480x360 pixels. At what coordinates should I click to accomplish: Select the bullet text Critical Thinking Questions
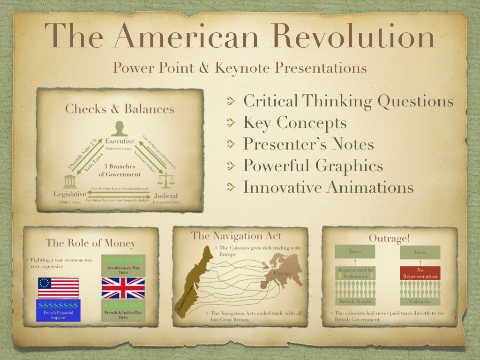coord(348,101)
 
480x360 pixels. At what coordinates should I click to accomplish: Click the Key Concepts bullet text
coord(295,123)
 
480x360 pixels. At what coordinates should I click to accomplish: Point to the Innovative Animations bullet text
coord(328,187)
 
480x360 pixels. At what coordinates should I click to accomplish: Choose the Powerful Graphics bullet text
coord(313,166)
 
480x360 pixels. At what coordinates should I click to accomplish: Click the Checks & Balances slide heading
coord(120,109)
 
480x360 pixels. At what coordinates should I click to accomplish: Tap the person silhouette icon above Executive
coord(120,128)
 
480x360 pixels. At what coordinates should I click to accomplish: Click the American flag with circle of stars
coord(58,288)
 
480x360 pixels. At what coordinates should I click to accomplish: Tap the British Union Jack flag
coord(123,288)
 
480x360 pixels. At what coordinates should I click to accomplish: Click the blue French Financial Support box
coord(58,310)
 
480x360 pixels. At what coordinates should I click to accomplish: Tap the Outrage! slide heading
coord(389,238)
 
